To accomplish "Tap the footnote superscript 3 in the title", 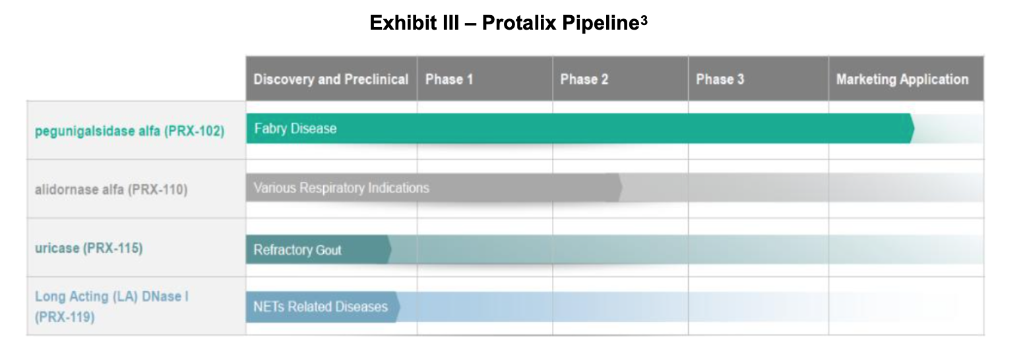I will coord(644,20).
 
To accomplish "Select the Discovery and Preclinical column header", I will coord(331,79).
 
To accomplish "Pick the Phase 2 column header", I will coord(584,79).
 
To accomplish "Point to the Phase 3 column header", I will coord(720,79).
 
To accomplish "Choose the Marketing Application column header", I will coord(902,79).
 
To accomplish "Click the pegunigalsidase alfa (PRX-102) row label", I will coord(129,131).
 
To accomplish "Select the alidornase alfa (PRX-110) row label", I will coord(111,190).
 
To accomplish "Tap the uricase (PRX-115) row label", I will coord(88,249).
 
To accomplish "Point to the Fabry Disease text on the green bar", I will coord(295,129).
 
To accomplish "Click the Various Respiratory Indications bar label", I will coord(341,188).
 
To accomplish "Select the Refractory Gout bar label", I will coord(297,250).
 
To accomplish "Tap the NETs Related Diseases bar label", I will coord(321,307).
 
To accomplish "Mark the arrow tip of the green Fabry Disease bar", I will coord(912,129).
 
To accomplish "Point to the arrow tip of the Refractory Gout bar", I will coord(389,250).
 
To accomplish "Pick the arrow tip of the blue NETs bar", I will coord(398,307).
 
